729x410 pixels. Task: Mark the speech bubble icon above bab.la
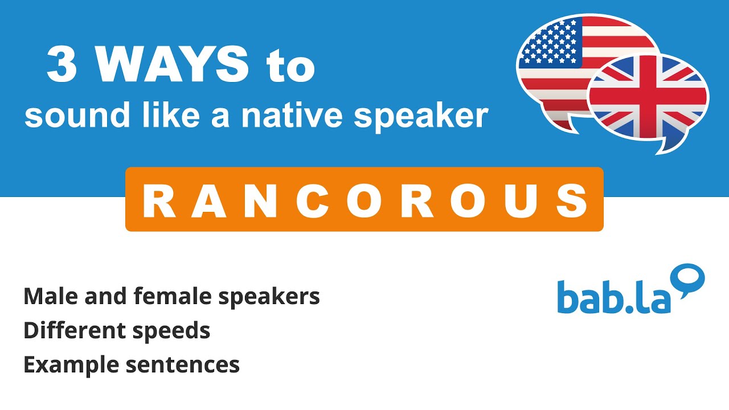(687, 279)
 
